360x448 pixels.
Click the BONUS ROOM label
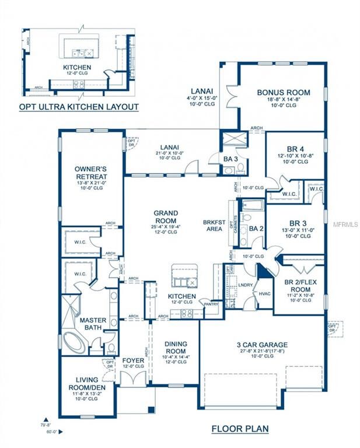(x=284, y=92)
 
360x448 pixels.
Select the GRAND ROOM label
(x=166, y=217)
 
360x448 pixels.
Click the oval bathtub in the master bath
(x=74, y=342)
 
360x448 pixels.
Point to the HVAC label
(x=265, y=294)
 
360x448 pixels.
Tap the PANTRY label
(x=209, y=303)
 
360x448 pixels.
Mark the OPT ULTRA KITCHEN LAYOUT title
(x=79, y=107)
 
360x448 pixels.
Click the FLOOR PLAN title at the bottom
(x=240, y=429)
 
